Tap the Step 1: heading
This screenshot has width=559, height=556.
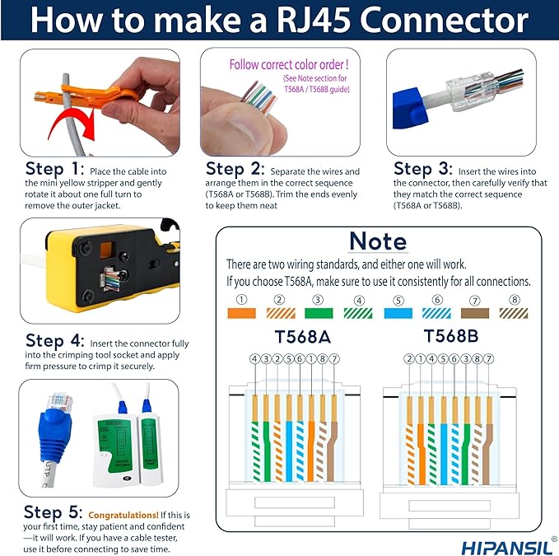[54, 170]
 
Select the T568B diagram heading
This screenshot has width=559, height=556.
[452, 336]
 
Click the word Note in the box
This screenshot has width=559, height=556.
[377, 241]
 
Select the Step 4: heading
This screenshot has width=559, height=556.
[54, 341]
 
